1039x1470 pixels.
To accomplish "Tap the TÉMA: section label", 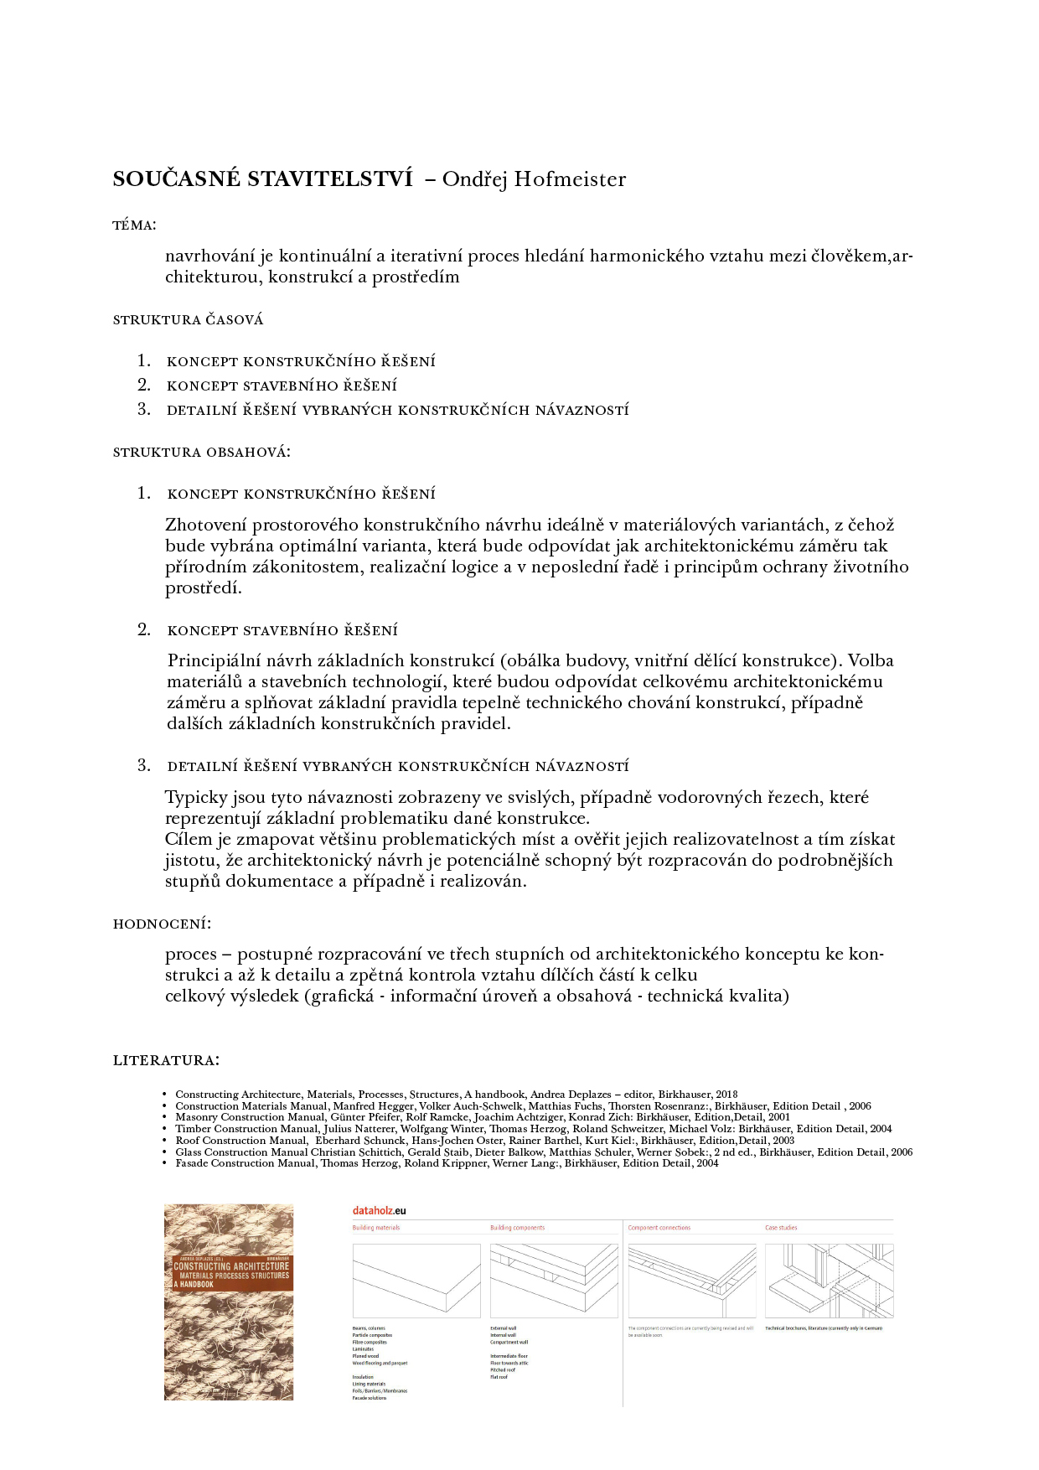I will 134,225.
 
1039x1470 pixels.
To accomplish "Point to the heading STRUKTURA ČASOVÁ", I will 188,320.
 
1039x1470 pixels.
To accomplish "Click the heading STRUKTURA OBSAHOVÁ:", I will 201,453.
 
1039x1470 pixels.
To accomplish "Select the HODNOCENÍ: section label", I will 162,924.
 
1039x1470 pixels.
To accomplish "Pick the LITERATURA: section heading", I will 166,1061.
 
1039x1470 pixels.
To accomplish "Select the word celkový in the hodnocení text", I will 195,996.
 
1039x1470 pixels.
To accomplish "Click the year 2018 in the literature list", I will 726,1095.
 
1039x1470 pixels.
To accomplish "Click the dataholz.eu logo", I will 379,1211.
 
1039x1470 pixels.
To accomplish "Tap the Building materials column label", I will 376,1228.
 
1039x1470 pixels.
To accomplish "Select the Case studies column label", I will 781,1228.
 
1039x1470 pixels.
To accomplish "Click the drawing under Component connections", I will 691,1281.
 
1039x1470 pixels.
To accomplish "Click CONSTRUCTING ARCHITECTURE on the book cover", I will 231,1266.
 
